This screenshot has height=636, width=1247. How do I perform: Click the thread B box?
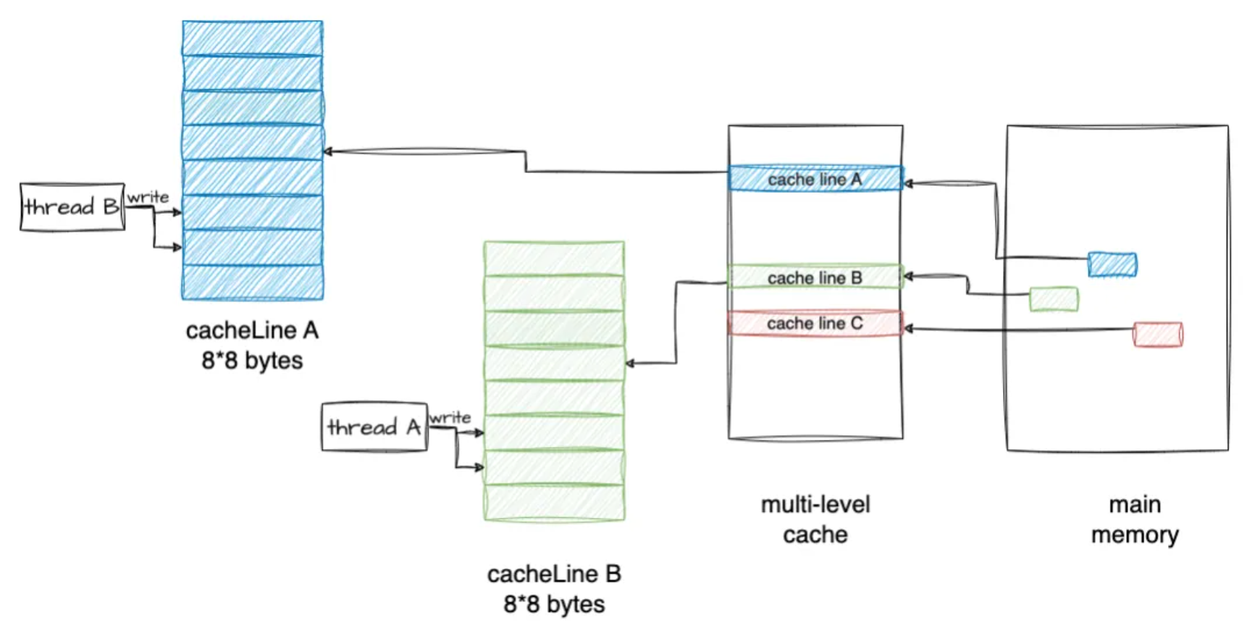(x=72, y=207)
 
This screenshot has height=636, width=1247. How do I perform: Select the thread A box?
(x=374, y=427)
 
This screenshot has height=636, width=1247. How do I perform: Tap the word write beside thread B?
(x=148, y=197)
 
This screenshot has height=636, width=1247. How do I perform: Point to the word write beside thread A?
(x=450, y=418)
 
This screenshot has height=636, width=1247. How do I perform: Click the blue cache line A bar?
(x=815, y=179)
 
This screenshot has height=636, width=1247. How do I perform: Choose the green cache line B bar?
(x=815, y=277)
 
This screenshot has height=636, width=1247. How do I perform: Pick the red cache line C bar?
(x=815, y=323)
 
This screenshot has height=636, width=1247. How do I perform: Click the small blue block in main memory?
(x=1112, y=264)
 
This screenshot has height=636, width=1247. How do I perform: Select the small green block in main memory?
(x=1054, y=299)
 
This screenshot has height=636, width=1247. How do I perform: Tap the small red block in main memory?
(x=1157, y=335)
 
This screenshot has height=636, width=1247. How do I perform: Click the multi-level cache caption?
(x=815, y=519)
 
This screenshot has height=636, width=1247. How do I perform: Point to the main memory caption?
(x=1135, y=519)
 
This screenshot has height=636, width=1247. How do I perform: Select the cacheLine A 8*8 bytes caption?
(x=252, y=346)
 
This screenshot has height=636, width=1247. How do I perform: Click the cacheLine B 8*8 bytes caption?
(x=554, y=589)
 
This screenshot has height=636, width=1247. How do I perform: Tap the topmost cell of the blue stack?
(x=252, y=38)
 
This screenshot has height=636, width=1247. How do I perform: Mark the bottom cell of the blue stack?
(x=252, y=282)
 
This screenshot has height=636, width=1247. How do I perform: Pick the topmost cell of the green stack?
(x=554, y=259)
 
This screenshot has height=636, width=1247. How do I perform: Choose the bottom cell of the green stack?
(x=554, y=502)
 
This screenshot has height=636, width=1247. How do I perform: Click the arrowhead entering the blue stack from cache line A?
(x=328, y=151)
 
